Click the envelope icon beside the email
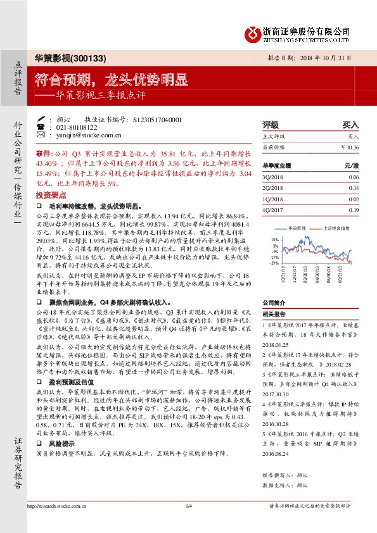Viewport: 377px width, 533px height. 41,135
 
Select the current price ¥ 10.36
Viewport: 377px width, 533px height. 349,147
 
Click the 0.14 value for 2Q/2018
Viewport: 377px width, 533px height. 354,188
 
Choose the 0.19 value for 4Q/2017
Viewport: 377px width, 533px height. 354,210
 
